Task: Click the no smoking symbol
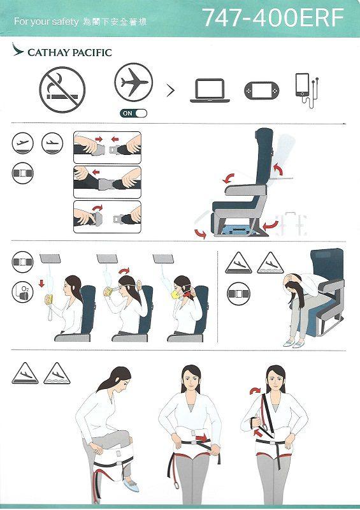[x=62, y=91]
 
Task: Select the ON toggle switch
[x=133, y=113]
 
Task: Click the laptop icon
[x=210, y=91]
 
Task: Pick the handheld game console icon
[x=261, y=91]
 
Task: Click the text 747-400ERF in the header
[x=273, y=18]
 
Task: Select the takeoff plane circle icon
[x=22, y=143]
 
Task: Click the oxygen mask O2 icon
[x=22, y=292]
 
